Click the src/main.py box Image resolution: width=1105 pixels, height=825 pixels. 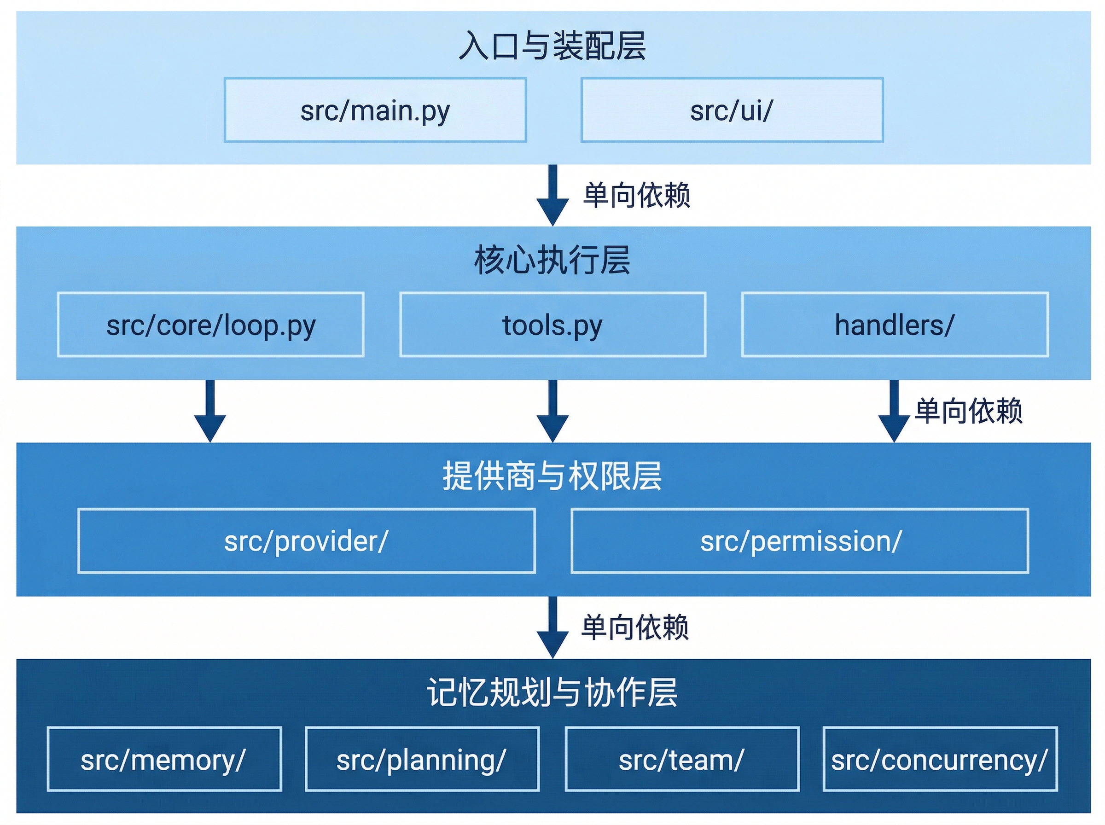[375, 110]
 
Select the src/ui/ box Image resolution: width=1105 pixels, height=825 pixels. [732, 110]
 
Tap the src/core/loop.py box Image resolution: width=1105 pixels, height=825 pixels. [211, 325]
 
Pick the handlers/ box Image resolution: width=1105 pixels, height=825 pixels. [894, 325]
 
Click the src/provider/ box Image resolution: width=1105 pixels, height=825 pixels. [306, 541]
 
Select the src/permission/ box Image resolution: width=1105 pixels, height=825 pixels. [799, 541]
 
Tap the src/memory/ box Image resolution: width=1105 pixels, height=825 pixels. [164, 760]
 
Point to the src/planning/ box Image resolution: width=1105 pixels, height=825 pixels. [422, 760]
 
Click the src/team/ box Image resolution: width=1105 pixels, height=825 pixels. [681, 760]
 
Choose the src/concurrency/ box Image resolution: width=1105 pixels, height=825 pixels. [939, 760]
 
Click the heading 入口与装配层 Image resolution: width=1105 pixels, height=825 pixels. [552, 46]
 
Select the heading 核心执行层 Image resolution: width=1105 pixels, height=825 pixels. [552, 260]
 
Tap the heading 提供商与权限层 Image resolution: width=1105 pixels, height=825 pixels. [552, 476]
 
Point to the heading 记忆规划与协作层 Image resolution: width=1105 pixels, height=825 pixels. [552, 693]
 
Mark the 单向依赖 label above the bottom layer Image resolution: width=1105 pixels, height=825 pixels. [634, 627]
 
